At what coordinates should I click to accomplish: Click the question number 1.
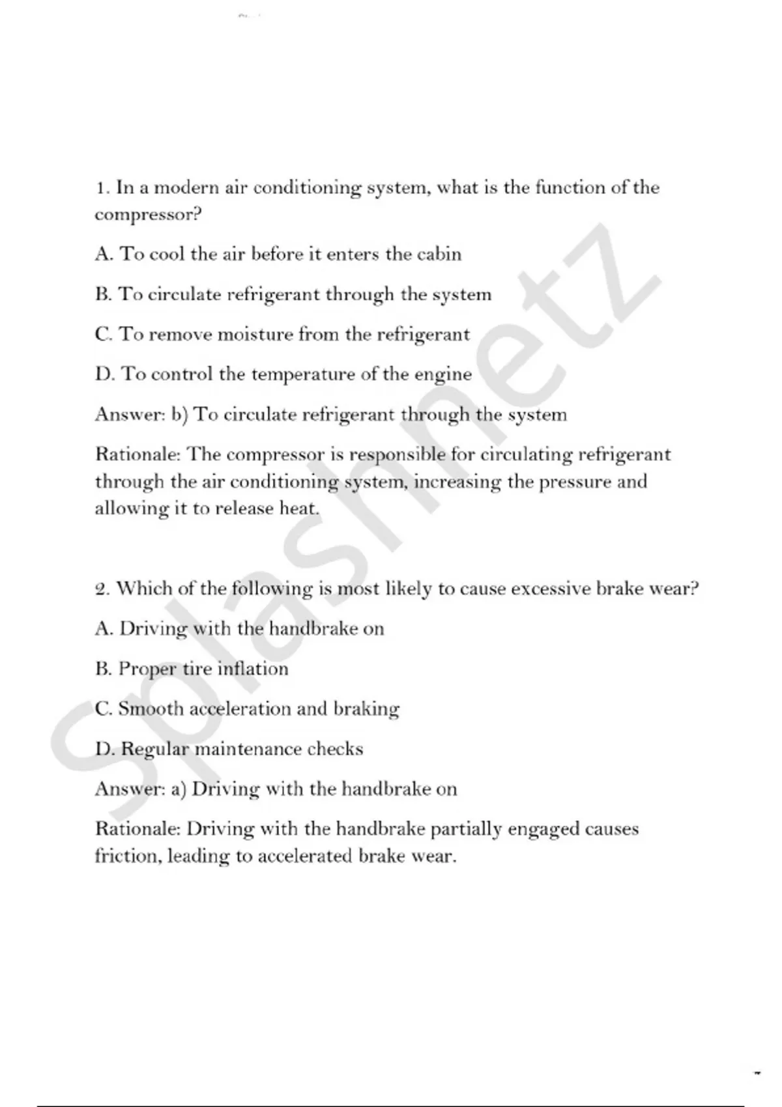pyautogui.click(x=100, y=188)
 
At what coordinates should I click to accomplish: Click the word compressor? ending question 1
pyautogui.click(x=148, y=215)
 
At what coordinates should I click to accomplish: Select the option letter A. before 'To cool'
pyautogui.click(x=104, y=254)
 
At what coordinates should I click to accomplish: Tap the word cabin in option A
pyautogui.click(x=439, y=254)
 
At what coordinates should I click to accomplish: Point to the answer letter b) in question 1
pyautogui.click(x=179, y=415)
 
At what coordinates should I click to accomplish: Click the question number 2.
pyautogui.click(x=102, y=589)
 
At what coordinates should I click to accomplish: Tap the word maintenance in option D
pyautogui.click(x=248, y=749)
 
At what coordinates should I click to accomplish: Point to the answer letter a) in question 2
pyautogui.click(x=179, y=789)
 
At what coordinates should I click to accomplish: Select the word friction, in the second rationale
pyautogui.click(x=128, y=856)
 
